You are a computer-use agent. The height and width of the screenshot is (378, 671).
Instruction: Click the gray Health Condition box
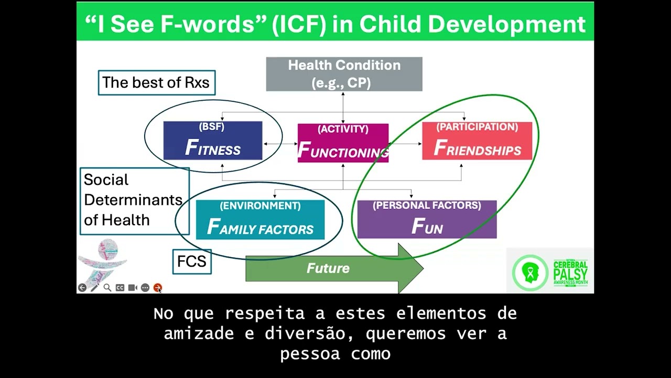click(x=344, y=74)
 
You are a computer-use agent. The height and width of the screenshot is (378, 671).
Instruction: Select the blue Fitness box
click(x=212, y=141)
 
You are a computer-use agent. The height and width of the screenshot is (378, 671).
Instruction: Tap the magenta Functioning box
click(x=343, y=143)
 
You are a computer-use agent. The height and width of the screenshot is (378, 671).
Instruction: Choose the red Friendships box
click(x=477, y=141)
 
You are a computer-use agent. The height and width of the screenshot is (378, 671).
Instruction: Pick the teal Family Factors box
click(x=260, y=220)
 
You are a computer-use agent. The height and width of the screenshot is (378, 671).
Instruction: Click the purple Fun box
click(x=427, y=219)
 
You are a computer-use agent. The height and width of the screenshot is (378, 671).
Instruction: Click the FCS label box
click(x=192, y=261)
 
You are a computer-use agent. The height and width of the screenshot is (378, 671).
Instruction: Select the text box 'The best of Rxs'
click(x=156, y=82)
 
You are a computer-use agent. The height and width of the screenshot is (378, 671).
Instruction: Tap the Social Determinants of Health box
click(x=134, y=201)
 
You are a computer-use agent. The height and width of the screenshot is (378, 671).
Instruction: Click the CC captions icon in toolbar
click(x=120, y=288)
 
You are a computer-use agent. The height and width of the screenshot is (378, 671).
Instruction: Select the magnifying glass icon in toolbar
click(x=107, y=288)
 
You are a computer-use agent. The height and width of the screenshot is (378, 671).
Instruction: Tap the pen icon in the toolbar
click(x=95, y=288)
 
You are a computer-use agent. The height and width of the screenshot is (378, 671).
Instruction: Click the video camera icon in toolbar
click(x=133, y=288)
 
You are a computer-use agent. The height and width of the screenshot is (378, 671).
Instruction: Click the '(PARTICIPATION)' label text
click(x=477, y=127)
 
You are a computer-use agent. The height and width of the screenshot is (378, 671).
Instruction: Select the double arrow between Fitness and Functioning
click(x=280, y=143)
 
